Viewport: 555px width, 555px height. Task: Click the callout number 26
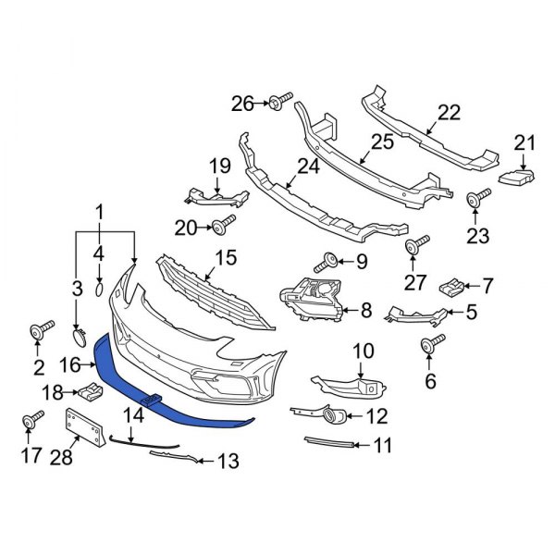click(x=242, y=103)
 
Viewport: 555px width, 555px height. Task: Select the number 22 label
click(x=448, y=112)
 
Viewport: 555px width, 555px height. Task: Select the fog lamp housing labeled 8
click(x=312, y=298)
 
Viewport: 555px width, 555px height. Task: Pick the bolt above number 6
click(x=429, y=346)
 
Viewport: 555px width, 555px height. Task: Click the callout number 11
click(x=381, y=446)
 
